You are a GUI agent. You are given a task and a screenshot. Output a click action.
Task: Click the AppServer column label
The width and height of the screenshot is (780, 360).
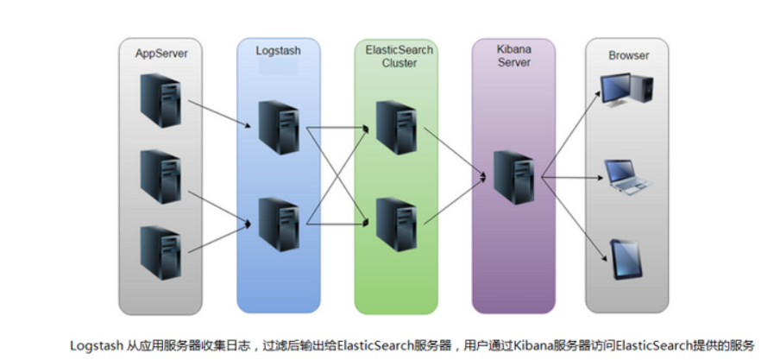pyautogui.click(x=161, y=54)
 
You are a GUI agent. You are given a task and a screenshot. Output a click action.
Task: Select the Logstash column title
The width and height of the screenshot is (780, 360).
pyautogui.click(x=278, y=51)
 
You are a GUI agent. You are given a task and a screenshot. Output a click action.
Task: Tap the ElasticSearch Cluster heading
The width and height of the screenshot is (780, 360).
pyautogui.click(x=395, y=57)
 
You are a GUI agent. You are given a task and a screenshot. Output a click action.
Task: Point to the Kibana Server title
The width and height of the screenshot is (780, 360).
pyautogui.click(x=513, y=57)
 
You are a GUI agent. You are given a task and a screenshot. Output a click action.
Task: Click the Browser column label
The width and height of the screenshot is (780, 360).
pyautogui.click(x=628, y=55)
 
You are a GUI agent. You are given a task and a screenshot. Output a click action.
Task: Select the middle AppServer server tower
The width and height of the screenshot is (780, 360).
pyautogui.click(x=161, y=176)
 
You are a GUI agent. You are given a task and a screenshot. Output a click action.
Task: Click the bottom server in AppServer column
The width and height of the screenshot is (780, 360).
pyautogui.click(x=161, y=251)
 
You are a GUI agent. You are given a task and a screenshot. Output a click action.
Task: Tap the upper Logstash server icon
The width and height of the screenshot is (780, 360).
pyautogui.click(x=278, y=127)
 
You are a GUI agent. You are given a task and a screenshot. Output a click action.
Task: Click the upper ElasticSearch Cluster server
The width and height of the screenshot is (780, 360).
pyautogui.click(x=395, y=127)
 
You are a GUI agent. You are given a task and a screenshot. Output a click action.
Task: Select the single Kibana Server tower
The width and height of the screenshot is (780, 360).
pyautogui.click(x=513, y=176)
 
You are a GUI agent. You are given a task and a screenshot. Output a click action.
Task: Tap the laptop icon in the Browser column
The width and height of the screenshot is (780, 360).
pyautogui.click(x=629, y=175)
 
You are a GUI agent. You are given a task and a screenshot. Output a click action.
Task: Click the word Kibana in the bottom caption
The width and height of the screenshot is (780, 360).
pyautogui.click(x=531, y=345)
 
